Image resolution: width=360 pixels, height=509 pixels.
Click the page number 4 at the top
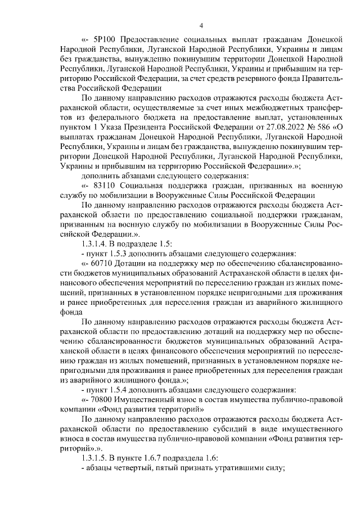pos(201,24)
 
